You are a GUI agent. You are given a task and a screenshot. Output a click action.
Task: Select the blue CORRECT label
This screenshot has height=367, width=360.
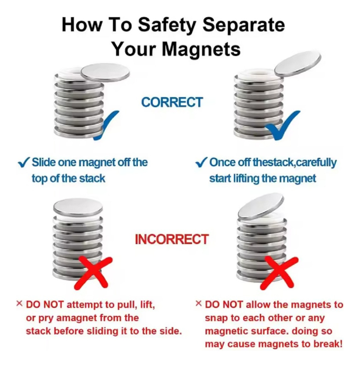(172, 102)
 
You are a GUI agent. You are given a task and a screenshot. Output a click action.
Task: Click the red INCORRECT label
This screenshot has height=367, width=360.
(172, 239)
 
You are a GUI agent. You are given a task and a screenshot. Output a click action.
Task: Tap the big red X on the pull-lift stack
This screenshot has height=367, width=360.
(93, 273)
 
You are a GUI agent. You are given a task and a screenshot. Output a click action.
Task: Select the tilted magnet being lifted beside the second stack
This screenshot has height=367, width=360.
(298, 63)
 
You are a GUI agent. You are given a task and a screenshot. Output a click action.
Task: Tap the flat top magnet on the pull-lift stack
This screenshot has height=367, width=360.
(78, 207)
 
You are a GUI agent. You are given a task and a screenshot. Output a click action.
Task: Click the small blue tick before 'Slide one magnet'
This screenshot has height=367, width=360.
(24, 162)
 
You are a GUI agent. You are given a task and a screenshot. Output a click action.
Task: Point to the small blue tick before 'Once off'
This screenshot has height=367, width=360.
(201, 162)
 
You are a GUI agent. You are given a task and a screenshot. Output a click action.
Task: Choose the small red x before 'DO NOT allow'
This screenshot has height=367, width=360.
(198, 304)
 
